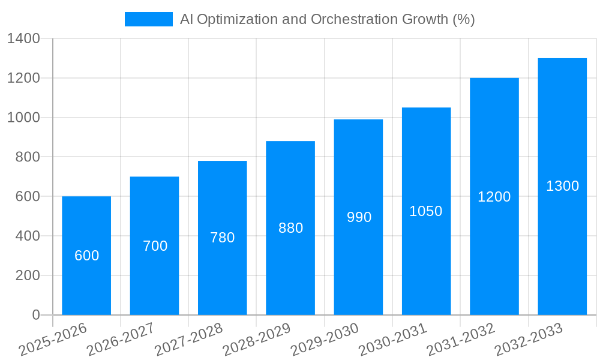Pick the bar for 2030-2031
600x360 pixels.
point(426,258)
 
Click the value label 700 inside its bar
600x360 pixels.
point(155,246)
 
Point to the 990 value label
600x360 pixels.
point(359,217)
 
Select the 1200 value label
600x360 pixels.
point(494,197)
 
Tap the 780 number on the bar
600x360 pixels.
point(222,238)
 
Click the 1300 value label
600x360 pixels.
point(562,186)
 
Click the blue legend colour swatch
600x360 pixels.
point(148,19)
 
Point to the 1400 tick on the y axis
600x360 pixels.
point(23,38)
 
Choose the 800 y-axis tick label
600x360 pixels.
point(27,157)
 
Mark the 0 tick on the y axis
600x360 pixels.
point(35,315)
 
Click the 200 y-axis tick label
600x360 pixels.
point(27,275)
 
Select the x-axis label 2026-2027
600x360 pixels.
point(121,340)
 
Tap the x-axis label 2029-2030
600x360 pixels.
point(325,340)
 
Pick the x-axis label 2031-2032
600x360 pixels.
point(460,340)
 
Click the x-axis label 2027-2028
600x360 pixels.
point(188,340)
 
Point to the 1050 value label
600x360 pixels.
point(426,211)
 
